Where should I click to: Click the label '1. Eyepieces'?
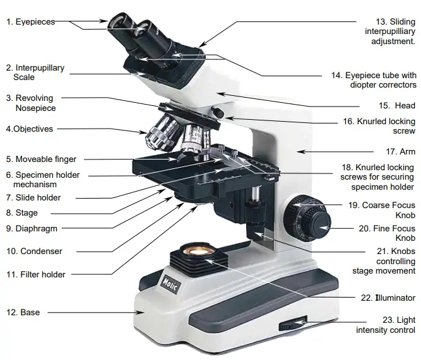pyautogui.click(x=30, y=21)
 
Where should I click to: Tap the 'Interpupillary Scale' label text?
pyautogui.click(x=35, y=73)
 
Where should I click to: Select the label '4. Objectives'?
pyautogui.click(x=30, y=129)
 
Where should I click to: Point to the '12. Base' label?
pyautogui.click(x=23, y=312)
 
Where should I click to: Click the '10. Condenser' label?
pyautogui.click(x=34, y=251)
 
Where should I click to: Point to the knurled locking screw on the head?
pyautogui.click(x=219, y=112)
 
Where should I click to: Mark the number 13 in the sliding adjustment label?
pyautogui.click(x=381, y=22)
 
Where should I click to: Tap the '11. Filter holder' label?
pyautogui.click(x=36, y=274)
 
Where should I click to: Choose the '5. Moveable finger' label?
pyautogui.click(x=41, y=160)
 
